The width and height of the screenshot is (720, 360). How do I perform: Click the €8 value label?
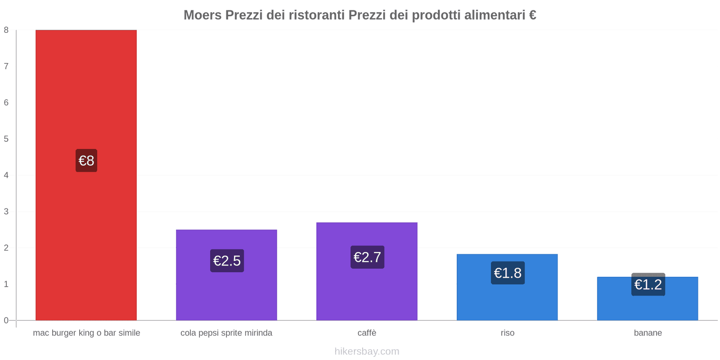click(x=86, y=161)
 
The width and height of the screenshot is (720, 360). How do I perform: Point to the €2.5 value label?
click(x=227, y=261)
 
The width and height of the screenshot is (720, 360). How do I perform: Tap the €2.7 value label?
click(x=367, y=257)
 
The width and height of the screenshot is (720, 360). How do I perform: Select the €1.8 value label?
click(x=508, y=273)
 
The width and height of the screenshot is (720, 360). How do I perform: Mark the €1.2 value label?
click(x=648, y=284)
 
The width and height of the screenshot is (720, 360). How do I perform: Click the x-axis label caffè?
click(x=367, y=333)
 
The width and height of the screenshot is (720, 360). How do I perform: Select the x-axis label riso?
click(x=507, y=333)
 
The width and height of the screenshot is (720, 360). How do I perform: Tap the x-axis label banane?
click(x=648, y=333)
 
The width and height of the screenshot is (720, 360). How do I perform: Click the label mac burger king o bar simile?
click(x=86, y=333)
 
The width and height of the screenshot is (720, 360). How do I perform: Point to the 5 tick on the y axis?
click(x=6, y=139)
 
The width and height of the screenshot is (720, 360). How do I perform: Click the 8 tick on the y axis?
click(x=6, y=30)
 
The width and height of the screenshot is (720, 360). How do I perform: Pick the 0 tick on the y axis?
click(x=6, y=320)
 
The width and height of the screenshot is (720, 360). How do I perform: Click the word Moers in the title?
click(x=202, y=15)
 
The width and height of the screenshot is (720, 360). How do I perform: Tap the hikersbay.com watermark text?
click(x=367, y=351)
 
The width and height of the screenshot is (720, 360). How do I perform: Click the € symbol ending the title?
click(x=532, y=15)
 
